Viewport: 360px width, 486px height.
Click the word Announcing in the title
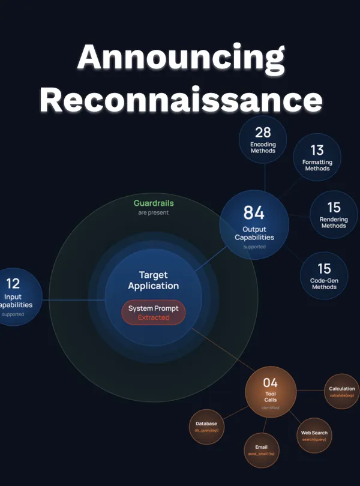tap(181, 58)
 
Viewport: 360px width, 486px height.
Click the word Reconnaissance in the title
tap(181, 99)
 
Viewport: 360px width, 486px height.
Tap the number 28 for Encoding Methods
tap(263, 132)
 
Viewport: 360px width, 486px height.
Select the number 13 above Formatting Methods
tap(317, 150)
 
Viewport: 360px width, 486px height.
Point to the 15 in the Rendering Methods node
tap(334, 207)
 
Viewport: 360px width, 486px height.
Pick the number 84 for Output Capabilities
tap(254, 212)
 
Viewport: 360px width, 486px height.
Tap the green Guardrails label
tap(153, 203)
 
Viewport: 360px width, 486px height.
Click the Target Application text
tap(154, 280)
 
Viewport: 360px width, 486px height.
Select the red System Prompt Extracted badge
tap(154, 313)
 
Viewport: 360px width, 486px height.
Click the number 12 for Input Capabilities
tap(13, 283)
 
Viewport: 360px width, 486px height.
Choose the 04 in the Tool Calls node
tap(271, 382)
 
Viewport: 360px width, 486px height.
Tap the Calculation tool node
tap(342, 391)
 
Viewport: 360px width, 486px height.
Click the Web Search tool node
tap(314, 436)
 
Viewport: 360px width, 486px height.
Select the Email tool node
tap(261, 450)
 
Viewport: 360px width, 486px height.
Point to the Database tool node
tap(206, 427)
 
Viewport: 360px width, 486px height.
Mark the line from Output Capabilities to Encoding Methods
tap(265, 177)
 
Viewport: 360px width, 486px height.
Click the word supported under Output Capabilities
tap(254, 247)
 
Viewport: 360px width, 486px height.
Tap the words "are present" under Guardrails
tap(153, 212)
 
